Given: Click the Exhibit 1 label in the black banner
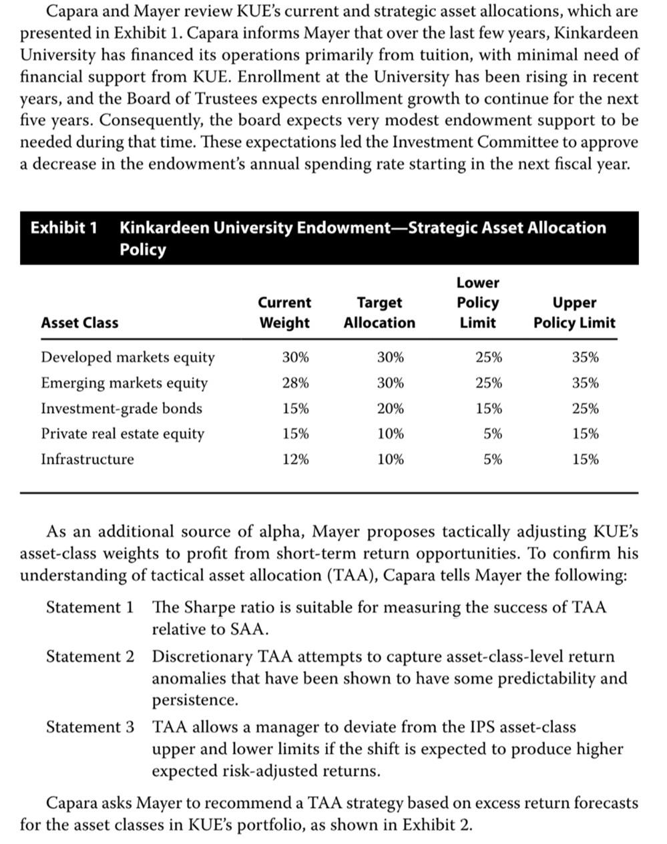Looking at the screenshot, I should click(x=64, y=228).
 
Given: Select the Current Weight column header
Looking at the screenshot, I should click(x=284, y=312).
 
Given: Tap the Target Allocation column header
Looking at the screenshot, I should click(x=379, y=312).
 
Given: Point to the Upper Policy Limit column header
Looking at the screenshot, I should click(x=574, y=312).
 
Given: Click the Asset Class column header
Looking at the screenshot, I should click(x=79, y=323).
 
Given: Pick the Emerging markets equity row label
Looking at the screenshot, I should click(x=124, y=383).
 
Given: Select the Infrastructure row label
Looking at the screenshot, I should click(x=87, y=459).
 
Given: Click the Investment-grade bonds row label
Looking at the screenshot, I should click(x=122, y=409).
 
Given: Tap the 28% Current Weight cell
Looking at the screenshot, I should click(x=295, y=383).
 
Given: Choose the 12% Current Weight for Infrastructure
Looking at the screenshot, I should click(x=295, y=459).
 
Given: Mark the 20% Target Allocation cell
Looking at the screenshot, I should click(x=390, y=409).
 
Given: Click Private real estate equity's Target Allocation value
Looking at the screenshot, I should click(x=390, y=434).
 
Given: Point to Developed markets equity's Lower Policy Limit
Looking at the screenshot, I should click(x=489, y=357).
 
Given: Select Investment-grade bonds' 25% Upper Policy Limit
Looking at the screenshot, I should click(x=585, y=409).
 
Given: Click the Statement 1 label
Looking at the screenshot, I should click(x=89, y=607).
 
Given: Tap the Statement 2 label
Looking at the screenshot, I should click(x=89, y=656).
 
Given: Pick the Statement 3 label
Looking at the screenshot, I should click(x=89, y=726).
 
